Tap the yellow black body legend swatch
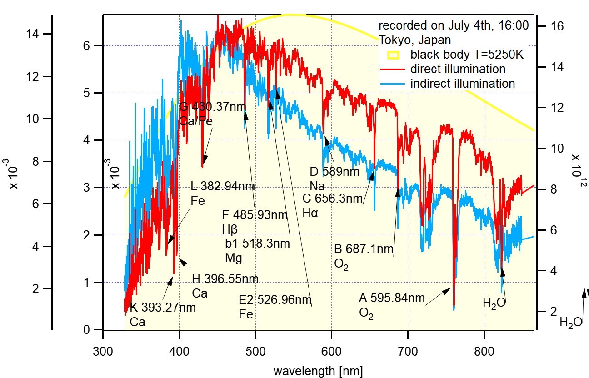[394, 55]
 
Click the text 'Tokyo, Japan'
[415, 40]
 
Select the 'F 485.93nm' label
[255, 214]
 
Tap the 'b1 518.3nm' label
[257, 244]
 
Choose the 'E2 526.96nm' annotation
[275, 300]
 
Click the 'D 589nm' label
[334, 172]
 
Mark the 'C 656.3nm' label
[333, 199]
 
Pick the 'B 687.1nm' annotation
[364, 249]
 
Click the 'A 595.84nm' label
[392, 298]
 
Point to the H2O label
[494, 303]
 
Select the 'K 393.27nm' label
[163, 308]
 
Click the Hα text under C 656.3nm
[310, 213]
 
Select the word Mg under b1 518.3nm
[234, 258]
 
